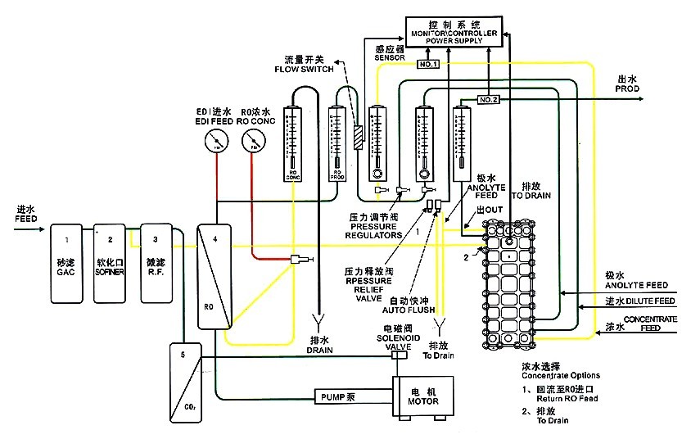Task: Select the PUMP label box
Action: (336, 396)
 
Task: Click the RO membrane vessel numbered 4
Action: (215, 274)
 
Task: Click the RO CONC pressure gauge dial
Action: (253, 143)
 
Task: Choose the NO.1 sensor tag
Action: (429, 64)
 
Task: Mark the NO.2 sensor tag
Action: (488, 100)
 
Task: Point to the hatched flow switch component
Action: (358, 137)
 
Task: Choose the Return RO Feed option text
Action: (567, 399)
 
